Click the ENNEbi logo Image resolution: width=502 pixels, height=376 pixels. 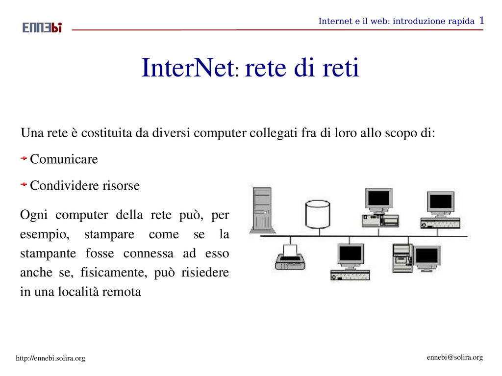click(x=42, y=28)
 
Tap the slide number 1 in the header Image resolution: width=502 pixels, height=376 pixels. click(x=482, y=21)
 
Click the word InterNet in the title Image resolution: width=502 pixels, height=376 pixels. click(x=188, y=68)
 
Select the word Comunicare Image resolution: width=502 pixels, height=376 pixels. click(x=64, y=159)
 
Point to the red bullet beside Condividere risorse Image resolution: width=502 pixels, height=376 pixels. click(x=24, y=184)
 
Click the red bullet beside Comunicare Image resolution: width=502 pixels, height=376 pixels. click(x=24, y=158)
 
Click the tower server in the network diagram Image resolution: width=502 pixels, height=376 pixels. click(x=262, y=210)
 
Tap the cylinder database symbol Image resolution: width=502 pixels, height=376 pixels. click(x=318, y=214)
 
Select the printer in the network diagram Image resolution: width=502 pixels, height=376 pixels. click(x=290, y=257)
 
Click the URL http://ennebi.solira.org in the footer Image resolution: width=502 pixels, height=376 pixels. click(x=50, y=358)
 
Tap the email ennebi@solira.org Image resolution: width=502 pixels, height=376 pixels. click(x=454, y=357)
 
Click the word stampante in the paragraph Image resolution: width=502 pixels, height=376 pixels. click(x=48, y=253)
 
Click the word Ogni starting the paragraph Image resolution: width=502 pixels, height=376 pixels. click(x=34, y=215)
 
